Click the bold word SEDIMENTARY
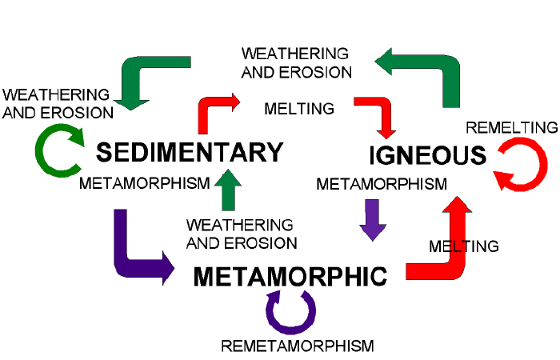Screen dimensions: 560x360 [x=190, y=152]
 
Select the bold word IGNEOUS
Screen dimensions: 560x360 [x=427, y=155]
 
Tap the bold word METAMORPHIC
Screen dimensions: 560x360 [x=290, y=277]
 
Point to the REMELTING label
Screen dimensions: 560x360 [x=512, y=127]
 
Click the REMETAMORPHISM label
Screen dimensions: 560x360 [x=298, y=346]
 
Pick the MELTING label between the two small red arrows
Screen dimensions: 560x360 [x=299, y=109]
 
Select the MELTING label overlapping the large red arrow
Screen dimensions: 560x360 [x=464, y=246]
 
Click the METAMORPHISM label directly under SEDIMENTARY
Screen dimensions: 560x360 [x=145, y=183]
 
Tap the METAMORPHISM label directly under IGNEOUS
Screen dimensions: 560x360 [x=382, y=184]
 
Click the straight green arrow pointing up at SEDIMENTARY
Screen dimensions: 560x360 [x=228, y=190]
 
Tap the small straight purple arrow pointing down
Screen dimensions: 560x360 [x=373, y=220]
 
